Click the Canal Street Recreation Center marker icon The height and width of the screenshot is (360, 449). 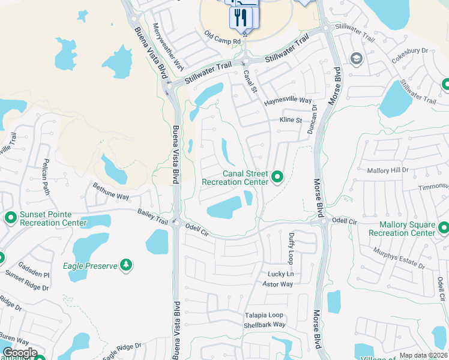[277, 177]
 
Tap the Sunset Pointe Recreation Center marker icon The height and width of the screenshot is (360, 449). [10, 218]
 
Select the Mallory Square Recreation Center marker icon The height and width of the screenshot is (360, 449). [444, 228]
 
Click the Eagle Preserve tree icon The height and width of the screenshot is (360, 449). [125, 265]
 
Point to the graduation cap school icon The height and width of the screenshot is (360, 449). [357, 58]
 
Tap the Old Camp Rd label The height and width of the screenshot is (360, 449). [222, 38]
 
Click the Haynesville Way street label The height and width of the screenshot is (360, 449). [289, 100]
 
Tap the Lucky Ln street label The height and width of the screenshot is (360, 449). [280, 274]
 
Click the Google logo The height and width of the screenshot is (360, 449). [20, 352]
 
